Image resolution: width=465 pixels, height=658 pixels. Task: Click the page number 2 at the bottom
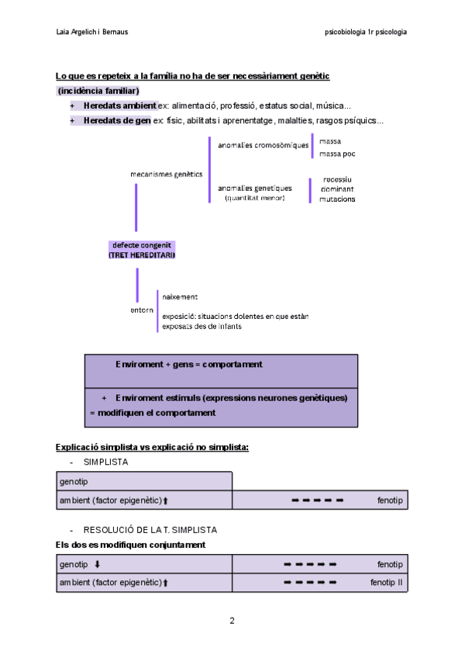click(232, 621)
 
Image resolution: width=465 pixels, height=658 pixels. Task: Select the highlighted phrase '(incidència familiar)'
click(98, 91)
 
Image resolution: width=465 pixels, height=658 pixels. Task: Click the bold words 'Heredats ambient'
click(119, 106)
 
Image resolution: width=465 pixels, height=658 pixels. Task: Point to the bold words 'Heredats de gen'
click(117, 121)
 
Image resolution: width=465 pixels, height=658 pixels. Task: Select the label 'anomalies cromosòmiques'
click(263, 145)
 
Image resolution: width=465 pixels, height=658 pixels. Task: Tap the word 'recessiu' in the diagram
click(337, 179)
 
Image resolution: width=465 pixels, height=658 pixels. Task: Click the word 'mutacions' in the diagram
click(337, 199)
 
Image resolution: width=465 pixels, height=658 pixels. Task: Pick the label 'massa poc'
click(337, 154)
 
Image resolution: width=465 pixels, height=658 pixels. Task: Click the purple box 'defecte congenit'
click(142, 245)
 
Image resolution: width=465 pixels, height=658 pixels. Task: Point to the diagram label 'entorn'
click(142, 310)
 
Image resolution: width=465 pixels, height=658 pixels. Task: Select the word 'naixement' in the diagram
click(180, 296)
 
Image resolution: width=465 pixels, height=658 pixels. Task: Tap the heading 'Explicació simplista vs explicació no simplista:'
click(152, 447)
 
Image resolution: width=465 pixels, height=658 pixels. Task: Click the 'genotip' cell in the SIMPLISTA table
click(74, 482)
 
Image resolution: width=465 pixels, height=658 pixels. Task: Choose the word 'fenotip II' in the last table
click(386, 582)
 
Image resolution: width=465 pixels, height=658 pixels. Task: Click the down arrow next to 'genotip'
click(97, 564)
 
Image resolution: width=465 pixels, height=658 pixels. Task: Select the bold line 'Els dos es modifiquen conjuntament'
click(130, 545)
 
